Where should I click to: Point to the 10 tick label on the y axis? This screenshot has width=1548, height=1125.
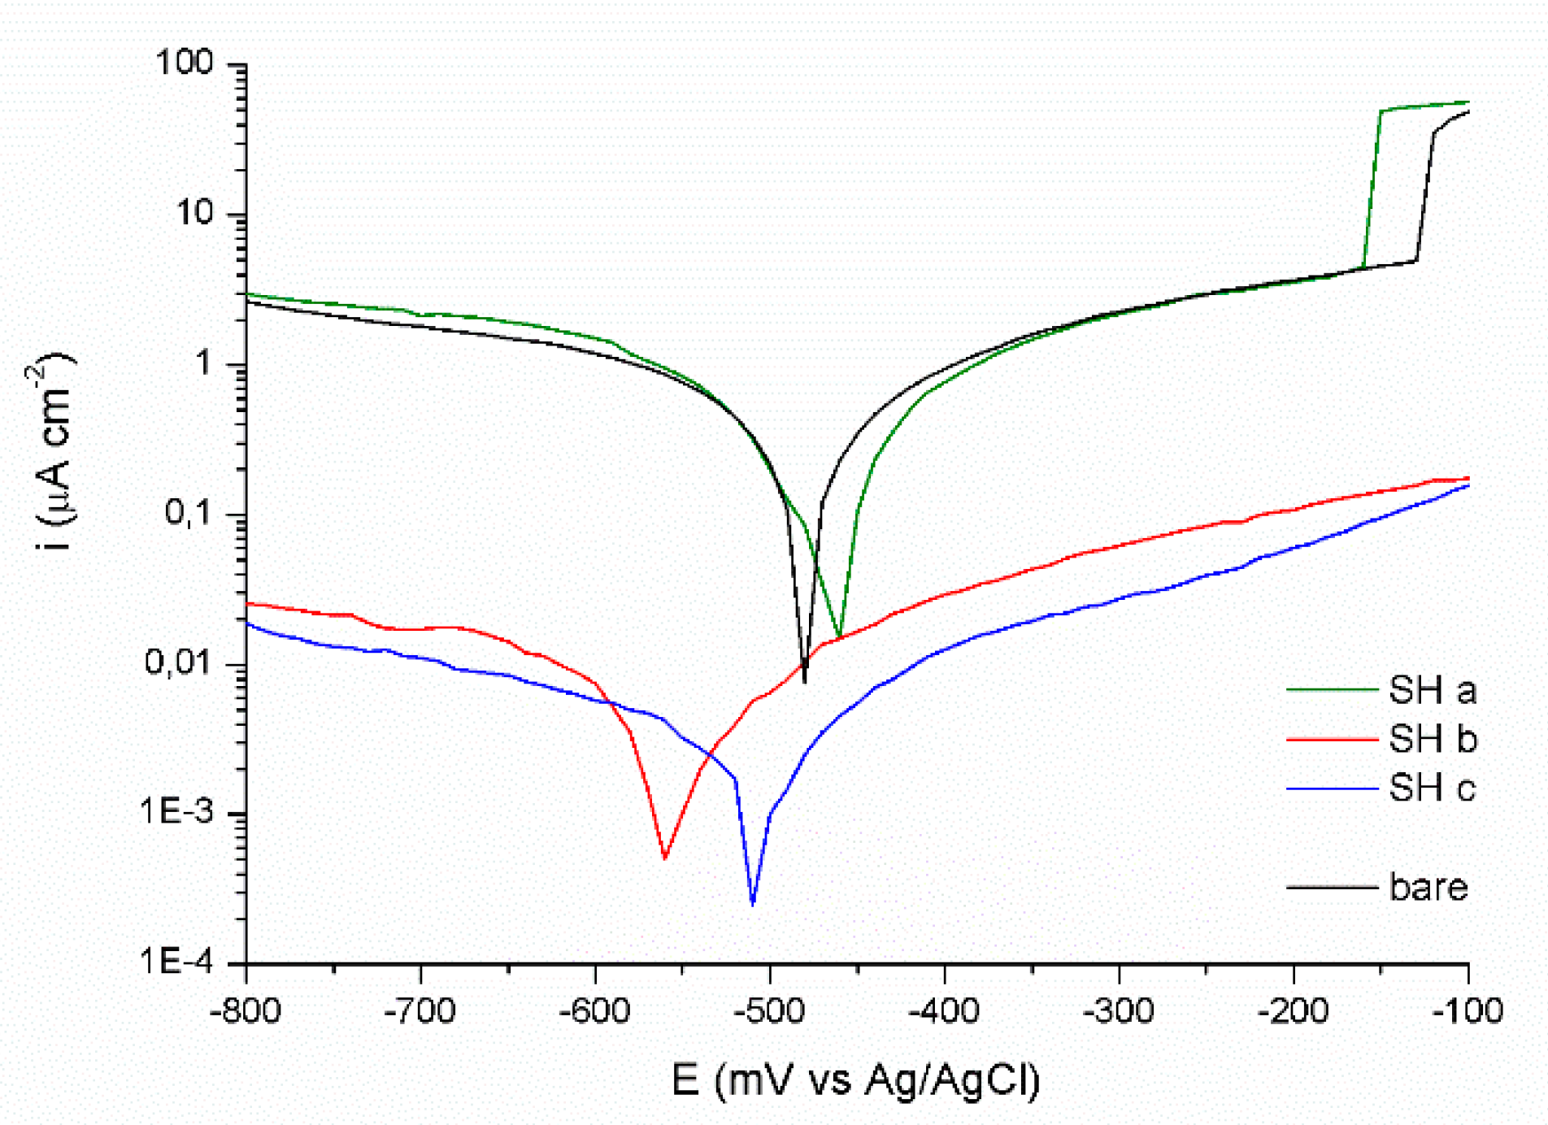click(x=194, y=213)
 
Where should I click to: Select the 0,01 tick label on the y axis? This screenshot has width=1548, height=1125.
click(x=178, y=662)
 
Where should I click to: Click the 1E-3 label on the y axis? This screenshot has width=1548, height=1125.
click(x=176, y=811)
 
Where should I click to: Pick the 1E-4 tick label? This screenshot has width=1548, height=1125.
click(x=176, y=962)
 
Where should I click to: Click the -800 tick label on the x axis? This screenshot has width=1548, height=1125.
click(x=245, y=1012)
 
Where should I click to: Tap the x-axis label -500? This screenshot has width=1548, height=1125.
click(x=769, y=1012)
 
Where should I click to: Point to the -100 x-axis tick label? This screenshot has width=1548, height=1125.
click(x=1468, y=1012)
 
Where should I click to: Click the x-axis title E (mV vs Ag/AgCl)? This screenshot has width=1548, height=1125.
click(x=855, y=1080)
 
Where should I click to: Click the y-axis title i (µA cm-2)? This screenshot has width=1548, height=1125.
click(x=54, y=451)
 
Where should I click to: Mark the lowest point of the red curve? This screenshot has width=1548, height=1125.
click(x=665, y=858)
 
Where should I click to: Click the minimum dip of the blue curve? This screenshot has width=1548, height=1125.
click(x=753, y=904)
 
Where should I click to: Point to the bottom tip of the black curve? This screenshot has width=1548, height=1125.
click(x=805, y=681)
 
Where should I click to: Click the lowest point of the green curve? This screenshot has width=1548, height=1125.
click(x=840, y=635)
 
